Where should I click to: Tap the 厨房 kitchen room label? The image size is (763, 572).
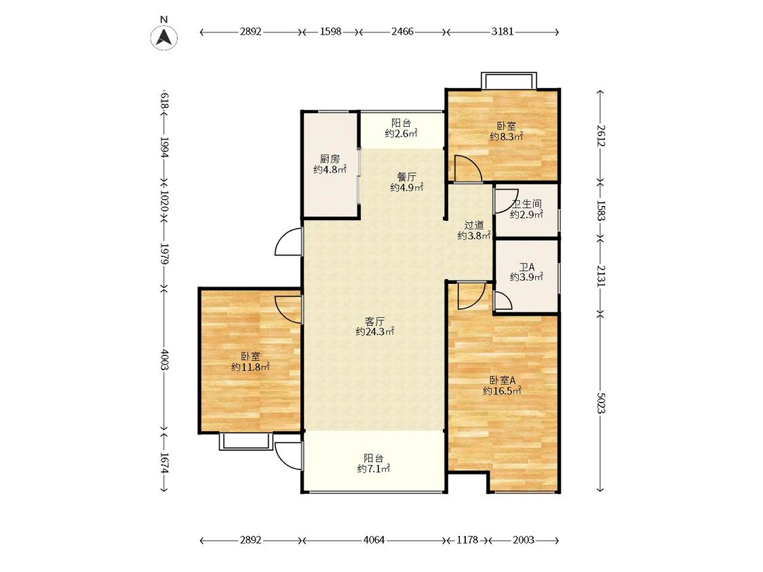coord(330,159)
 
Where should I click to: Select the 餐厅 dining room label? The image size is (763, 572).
coord(407,177)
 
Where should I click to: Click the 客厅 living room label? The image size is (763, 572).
coord(375,321)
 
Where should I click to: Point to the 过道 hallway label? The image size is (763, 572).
coord(474,225)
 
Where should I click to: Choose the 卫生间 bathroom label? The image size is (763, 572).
coord(526,204)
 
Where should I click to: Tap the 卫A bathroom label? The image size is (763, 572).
coord(526,267)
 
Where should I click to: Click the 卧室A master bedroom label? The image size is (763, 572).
coord(502,380)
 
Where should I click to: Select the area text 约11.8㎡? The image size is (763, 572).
coord(250,367)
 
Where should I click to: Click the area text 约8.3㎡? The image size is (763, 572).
coord(506,137)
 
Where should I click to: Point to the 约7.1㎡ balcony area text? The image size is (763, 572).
coord(374,469)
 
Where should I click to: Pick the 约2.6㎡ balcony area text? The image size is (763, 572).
coord(402,134)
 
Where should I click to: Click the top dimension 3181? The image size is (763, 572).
coord(502,32)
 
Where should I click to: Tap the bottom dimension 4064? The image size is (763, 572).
coord(374,540)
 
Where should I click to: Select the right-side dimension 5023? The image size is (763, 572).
coord(600,403)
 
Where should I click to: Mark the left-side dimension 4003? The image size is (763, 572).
coord(164,359)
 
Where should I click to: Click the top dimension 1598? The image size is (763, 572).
coord(330,32)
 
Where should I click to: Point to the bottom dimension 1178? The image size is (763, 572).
coord(467,540)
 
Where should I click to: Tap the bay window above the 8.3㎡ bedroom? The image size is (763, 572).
coord(509,81)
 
